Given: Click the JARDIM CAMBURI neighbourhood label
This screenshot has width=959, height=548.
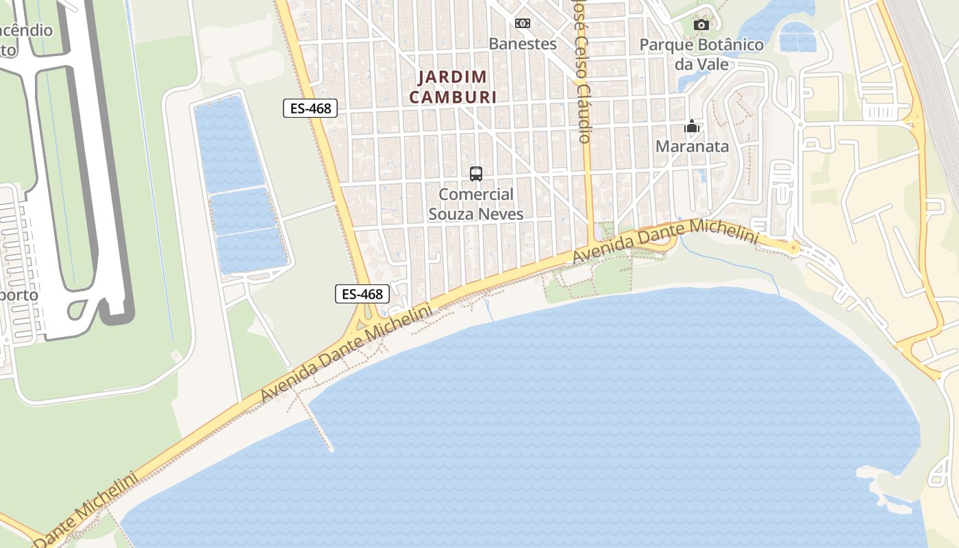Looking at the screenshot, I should (453, 87).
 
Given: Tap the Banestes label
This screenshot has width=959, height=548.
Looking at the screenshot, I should (522, 44).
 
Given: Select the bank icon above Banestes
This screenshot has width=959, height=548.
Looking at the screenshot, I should (522, 23).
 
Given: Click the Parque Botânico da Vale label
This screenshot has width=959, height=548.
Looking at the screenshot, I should (701, 54).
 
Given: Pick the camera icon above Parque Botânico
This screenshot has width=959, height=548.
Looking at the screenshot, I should (701, 25).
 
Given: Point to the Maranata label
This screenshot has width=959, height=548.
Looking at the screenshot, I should (692, 147).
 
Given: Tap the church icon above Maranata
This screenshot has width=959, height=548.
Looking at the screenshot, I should (692, 127).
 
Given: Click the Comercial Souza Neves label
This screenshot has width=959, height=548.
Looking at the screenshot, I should (476, 204).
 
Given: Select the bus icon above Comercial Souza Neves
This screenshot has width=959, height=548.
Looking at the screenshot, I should (476, 174).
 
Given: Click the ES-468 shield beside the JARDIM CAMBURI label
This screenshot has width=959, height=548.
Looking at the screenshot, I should (310, 108).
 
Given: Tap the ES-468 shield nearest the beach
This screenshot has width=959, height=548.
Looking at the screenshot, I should (362, 294).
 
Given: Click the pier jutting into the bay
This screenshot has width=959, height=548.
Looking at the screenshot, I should (321, 428).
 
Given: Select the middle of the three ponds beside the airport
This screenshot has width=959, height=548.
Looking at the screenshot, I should (243, 212).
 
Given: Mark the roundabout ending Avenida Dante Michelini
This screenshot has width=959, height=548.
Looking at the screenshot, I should (794, 247).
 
